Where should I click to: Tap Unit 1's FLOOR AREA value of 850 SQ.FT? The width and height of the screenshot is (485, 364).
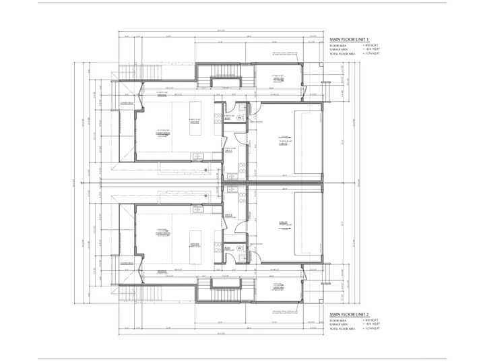(373, 45)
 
